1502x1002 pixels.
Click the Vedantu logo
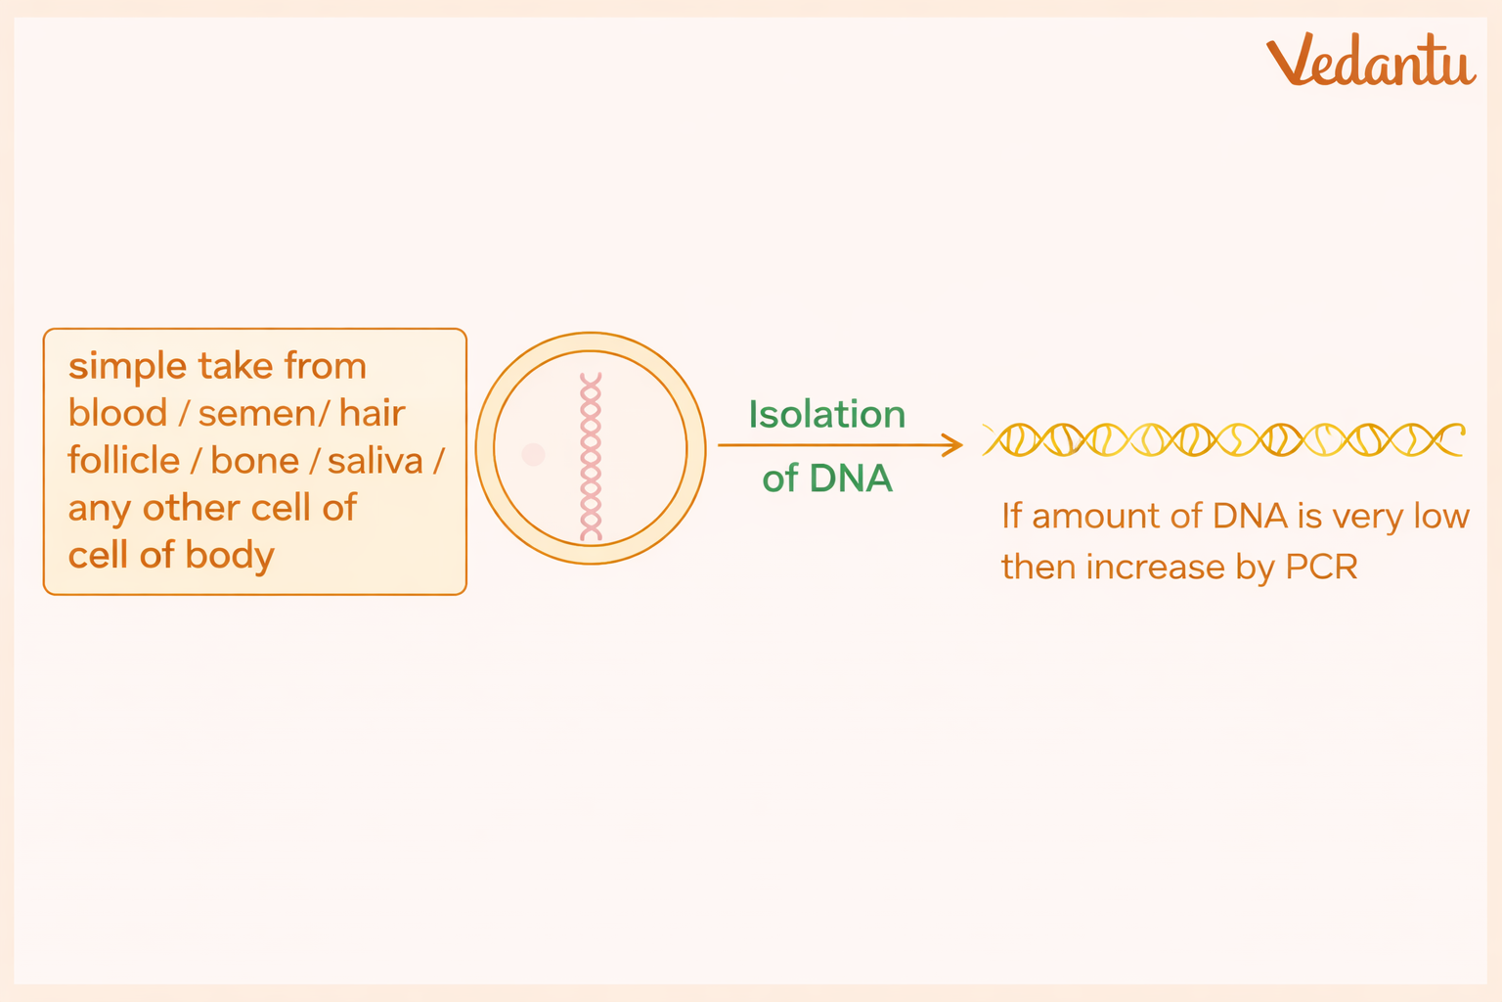point(1371,61)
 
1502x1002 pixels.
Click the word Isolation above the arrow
point(826,414)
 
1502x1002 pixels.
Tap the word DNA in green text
point(851,478)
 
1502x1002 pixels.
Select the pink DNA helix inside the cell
point(591,456)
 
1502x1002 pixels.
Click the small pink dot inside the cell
point(533,454)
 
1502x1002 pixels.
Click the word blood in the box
point(118,413)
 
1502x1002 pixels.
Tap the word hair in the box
point(373,413)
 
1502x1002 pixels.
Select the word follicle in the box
point(124,461)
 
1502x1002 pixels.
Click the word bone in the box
point(255,461)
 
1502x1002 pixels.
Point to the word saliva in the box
point(375,461)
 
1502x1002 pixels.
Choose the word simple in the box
point(127,368)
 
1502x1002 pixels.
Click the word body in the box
point(230,557)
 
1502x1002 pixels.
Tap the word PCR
point(1322,568)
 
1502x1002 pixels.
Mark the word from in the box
point(326,366)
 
